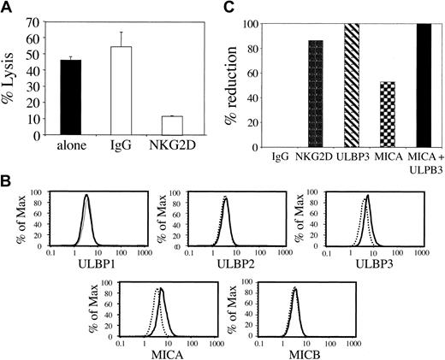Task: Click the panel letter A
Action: [x=8, y=9]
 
